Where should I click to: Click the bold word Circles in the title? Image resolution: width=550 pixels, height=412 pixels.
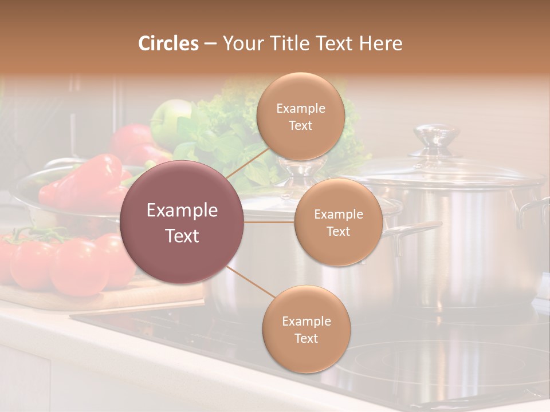click(168, 43)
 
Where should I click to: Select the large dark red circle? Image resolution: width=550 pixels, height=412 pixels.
click(182, 222)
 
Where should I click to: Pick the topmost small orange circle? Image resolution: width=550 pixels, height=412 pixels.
click(300, 116)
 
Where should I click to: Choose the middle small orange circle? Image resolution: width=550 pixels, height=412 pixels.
click(338, 222)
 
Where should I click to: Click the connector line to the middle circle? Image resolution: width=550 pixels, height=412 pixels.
click(269, 222)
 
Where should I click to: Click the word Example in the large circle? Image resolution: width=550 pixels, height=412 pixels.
click(182, 210)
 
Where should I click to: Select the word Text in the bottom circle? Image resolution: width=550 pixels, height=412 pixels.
click(306, 338)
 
